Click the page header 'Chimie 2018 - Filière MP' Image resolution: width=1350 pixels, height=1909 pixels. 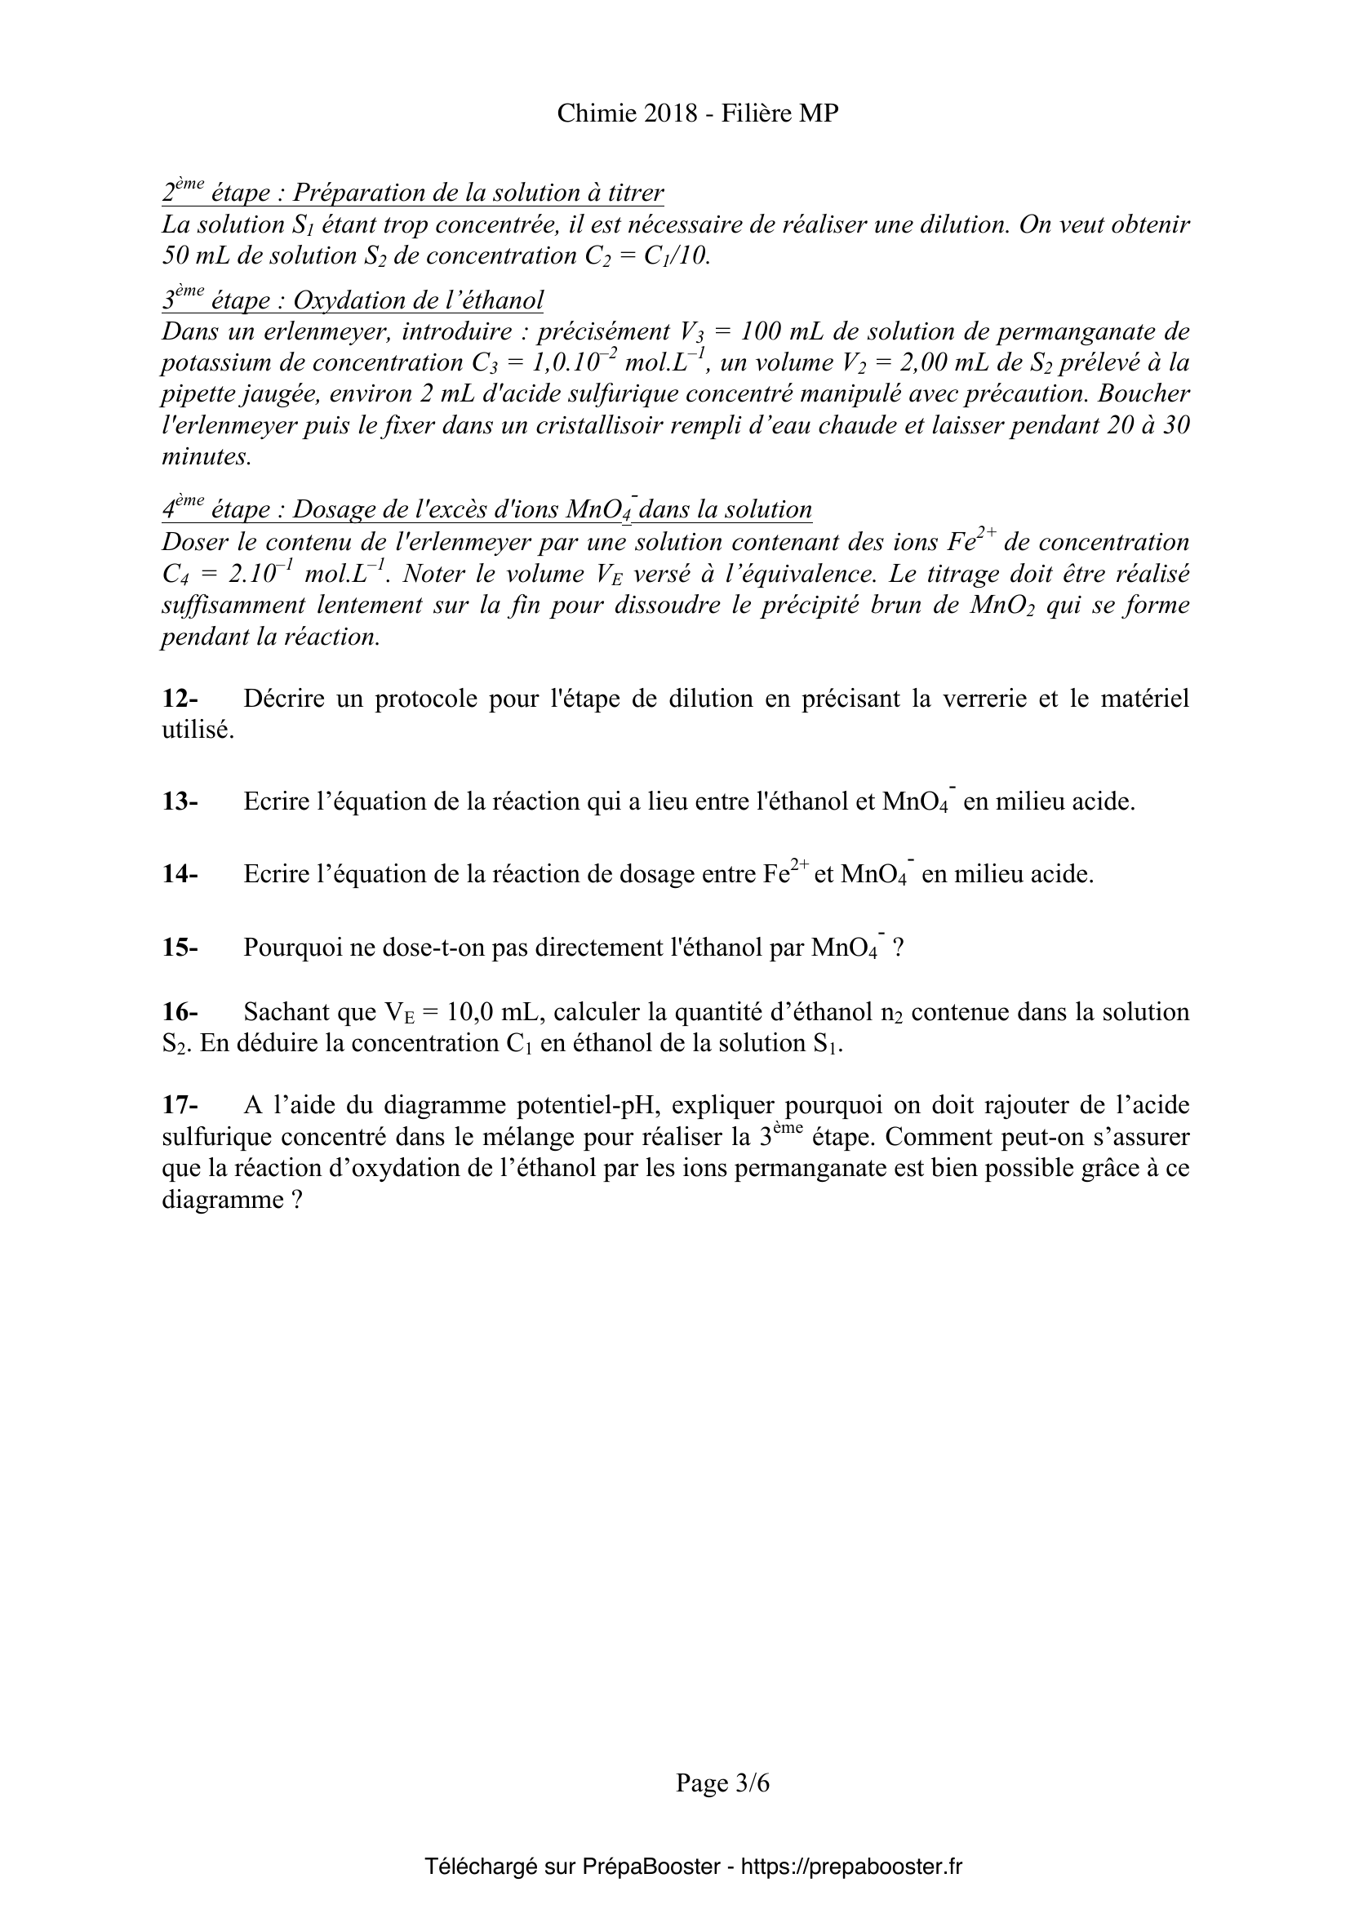pyautogui.click(x=697, y=113)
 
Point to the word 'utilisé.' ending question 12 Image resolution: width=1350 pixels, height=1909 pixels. pyautogui.click(x=198, y=730)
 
